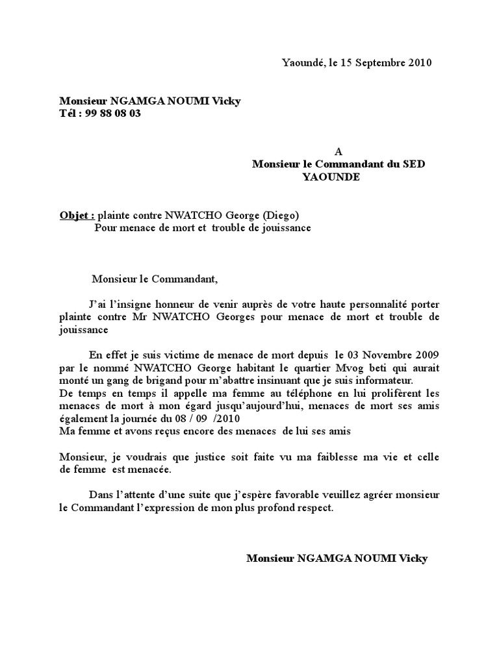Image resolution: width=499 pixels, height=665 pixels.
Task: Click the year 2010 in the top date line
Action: tap(419, 63)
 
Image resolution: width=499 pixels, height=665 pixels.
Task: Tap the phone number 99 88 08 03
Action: tap(112, 113)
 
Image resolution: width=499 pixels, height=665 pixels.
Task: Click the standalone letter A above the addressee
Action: tap(338, 152)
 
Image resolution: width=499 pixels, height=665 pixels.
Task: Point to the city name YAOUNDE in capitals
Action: tap(331, 177)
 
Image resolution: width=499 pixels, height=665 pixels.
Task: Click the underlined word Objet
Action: tap(77, 216)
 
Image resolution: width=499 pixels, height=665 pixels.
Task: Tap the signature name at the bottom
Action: tap(337, 558)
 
